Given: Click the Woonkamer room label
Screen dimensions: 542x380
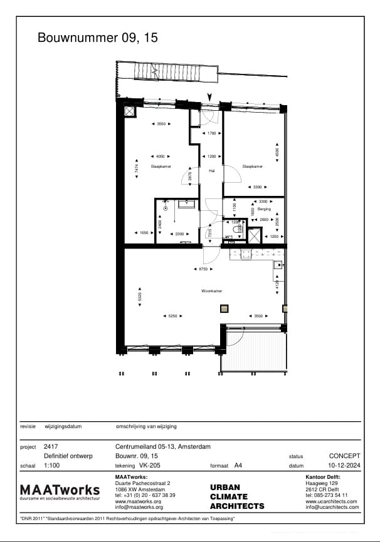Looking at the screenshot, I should [x=212, y=291].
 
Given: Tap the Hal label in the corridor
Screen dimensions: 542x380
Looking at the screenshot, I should [x=211, y=170].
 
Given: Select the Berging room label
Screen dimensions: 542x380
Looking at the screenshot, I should [x=263, y=209].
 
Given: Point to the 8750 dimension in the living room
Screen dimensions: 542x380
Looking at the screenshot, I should [x=203, y=268].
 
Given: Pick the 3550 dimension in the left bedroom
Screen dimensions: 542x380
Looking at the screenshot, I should [x=161, y=124].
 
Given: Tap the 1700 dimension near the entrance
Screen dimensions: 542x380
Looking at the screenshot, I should [x=211, y=133].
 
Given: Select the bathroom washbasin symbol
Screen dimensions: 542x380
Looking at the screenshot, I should [x=187, y=203].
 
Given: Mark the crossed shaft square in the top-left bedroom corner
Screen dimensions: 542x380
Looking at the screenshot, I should [x=130, y=111].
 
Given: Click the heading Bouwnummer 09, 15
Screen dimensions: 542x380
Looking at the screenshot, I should [x=98, y=38].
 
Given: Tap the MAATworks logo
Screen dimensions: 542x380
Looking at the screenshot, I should [x=60, y=491].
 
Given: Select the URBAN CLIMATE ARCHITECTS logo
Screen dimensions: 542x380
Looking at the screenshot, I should [x=236, y=496].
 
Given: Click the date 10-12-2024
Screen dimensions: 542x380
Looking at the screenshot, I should [x=344, y=466].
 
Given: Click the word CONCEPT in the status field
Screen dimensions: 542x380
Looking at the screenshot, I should [x=344, y=456].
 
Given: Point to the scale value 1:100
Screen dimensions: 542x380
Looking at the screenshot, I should [x=52, y=466].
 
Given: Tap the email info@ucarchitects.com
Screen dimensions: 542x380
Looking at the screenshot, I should [x=332, y=507].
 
